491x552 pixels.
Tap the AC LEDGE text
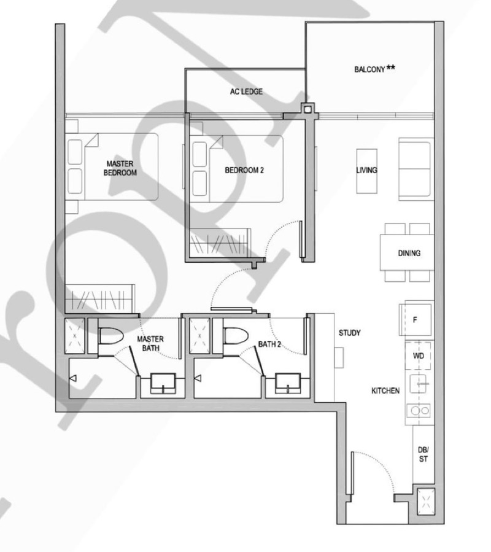coord(246,92)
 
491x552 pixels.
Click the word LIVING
coord(366,170)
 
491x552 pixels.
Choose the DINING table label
coord(409,253)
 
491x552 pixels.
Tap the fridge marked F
coord(416,319)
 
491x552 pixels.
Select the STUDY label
coord(349,333)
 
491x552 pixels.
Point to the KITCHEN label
coord(385,391)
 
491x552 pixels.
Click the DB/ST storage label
coord(423,454)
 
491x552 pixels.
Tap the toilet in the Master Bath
coord(110,337)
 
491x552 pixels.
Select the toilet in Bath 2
coord(235,337)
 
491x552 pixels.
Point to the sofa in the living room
coord(416,168)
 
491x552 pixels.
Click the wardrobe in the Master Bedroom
coord(99,299)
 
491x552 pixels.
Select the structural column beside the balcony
coord(306,110)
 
